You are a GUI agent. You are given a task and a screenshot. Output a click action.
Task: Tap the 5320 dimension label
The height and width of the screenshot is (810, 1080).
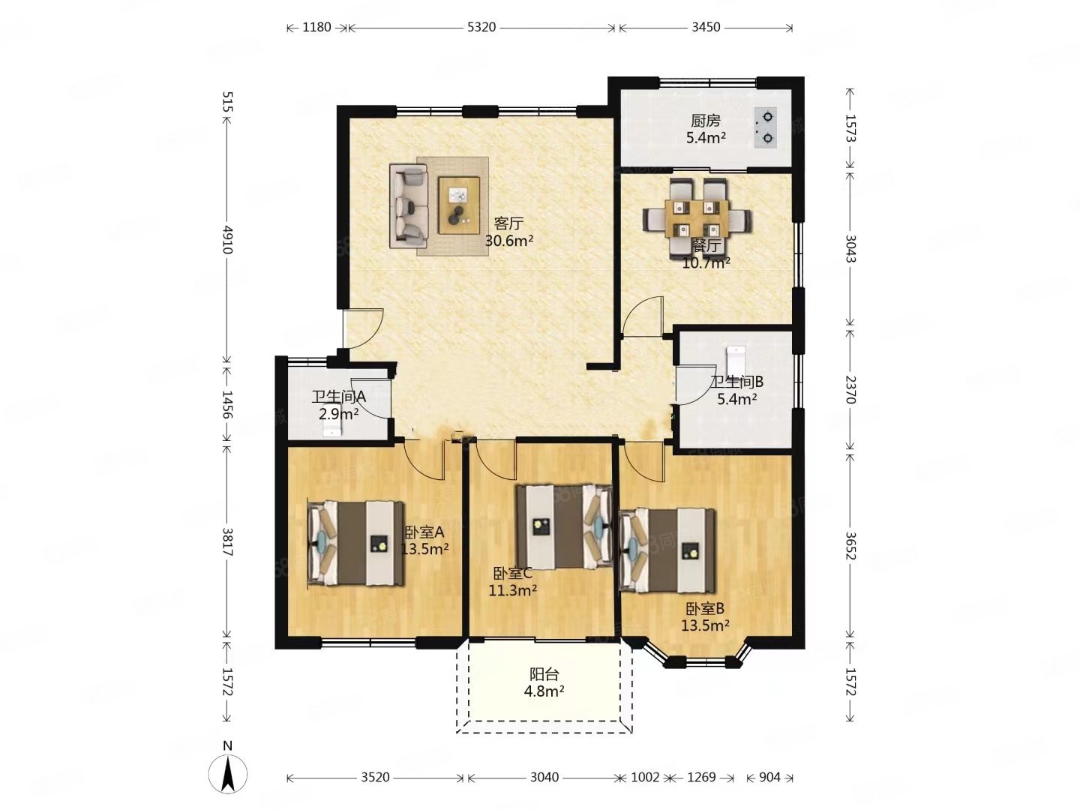pos(481,28)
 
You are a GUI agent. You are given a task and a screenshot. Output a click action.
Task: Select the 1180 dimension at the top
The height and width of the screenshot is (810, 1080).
pos(316,28)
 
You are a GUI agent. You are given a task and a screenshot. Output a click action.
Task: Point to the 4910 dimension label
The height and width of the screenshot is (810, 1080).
pos(226,239)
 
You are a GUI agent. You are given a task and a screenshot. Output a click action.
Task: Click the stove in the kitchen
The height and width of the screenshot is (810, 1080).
pos(765,127)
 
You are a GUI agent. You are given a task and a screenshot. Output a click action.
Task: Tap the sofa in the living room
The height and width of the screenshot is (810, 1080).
pos(408,206)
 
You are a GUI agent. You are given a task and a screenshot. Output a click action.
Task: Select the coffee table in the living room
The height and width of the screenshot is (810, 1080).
pos(459,205)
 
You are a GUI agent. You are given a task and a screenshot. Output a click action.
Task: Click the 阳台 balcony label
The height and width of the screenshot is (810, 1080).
pos(544,673)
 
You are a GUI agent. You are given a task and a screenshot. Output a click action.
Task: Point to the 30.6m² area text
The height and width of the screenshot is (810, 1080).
pos(508,241)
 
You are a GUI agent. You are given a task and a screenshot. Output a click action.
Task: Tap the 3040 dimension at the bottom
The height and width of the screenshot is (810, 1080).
pos(544,777)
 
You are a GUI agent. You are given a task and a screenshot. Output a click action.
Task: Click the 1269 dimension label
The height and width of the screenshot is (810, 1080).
pos(701,777)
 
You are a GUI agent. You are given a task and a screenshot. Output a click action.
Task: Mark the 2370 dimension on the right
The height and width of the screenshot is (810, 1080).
pos(850,389)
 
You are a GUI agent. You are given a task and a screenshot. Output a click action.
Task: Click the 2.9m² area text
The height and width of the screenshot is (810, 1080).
pos(338,414)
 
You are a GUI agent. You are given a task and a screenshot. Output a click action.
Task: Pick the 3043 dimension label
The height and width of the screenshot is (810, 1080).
pos(850,249)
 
